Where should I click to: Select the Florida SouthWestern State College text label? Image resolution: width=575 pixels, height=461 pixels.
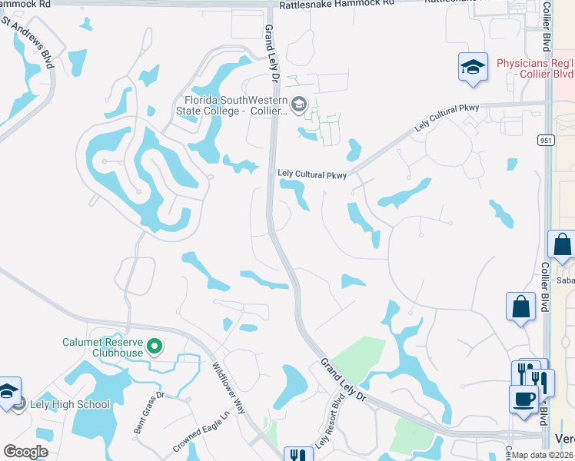(236, 105)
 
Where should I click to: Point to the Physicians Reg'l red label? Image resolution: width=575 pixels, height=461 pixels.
(534, 68)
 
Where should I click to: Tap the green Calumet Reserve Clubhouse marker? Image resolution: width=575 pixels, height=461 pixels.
(154, 347)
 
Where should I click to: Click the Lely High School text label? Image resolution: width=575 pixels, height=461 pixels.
(70, 404)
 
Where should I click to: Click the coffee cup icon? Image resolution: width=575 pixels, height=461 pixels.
(523, 400)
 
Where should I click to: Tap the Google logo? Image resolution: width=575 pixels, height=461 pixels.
(25, 452)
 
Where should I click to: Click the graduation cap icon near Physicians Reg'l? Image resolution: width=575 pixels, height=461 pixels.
(473, 67)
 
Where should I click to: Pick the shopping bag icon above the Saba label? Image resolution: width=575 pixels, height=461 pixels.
(562, 246)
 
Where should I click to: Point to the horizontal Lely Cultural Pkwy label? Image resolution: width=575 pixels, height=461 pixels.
(312, 175)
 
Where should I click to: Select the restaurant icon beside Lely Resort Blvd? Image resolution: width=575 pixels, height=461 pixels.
(295, 454)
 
